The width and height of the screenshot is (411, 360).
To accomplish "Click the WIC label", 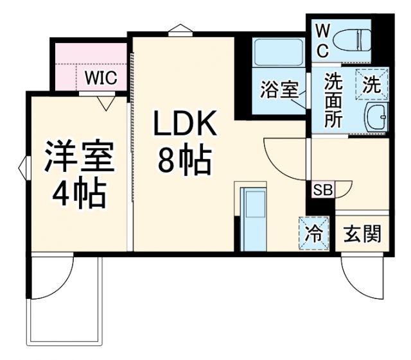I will point(101,78).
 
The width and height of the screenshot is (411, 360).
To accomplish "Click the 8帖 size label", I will point(185,162).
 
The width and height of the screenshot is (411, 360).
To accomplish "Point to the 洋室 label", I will point(79,158).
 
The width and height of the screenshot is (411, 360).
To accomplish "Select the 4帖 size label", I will point(79,193).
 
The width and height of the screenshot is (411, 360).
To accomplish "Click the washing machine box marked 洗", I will point(373,83).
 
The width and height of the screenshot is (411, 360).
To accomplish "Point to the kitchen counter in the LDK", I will point(252,217).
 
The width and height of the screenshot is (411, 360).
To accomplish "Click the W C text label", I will point(323,40).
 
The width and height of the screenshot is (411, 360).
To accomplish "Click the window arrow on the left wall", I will point(24,168).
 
